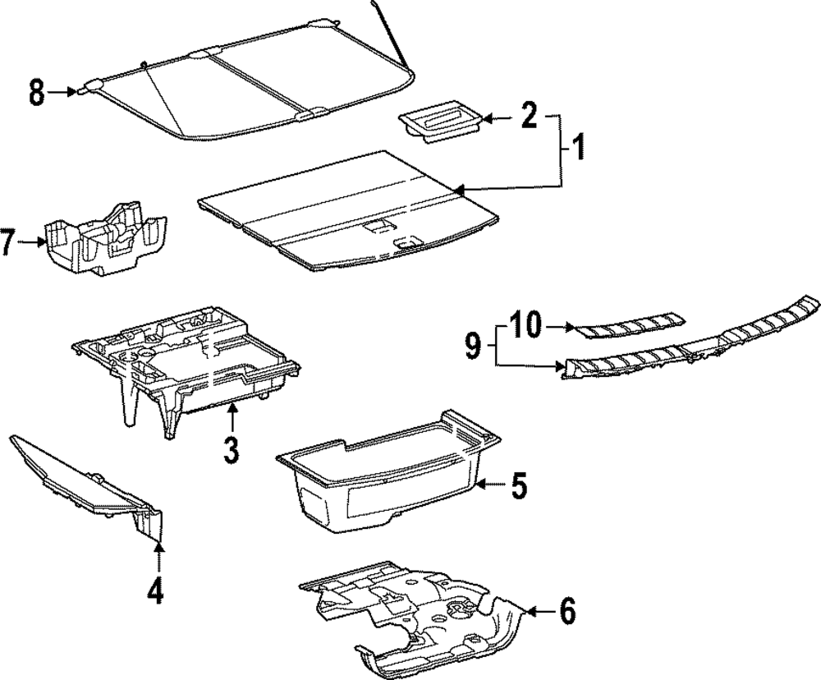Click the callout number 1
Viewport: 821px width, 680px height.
(578, 148)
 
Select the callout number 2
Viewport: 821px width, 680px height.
(528, 117)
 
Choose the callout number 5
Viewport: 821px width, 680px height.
(518, 486)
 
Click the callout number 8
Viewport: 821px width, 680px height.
(37, 93)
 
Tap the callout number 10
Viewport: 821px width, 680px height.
(525, 327)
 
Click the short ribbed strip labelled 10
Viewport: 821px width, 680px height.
(628, 324)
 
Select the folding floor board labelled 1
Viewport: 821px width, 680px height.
(345, 214)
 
